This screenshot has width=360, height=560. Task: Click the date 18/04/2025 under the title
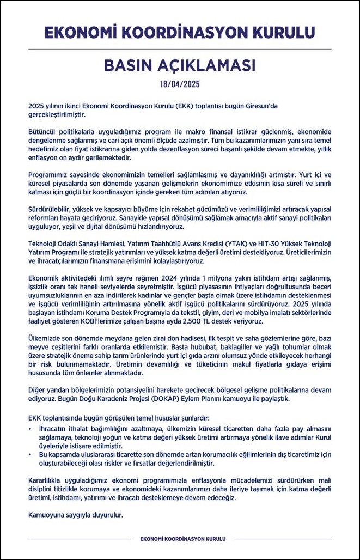tap(180, 84)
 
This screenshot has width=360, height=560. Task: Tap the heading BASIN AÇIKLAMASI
tap(180, 65)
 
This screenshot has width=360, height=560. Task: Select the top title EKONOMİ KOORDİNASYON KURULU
tap(180, 32)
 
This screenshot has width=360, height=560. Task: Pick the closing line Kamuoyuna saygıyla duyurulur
tap(76, 514)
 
